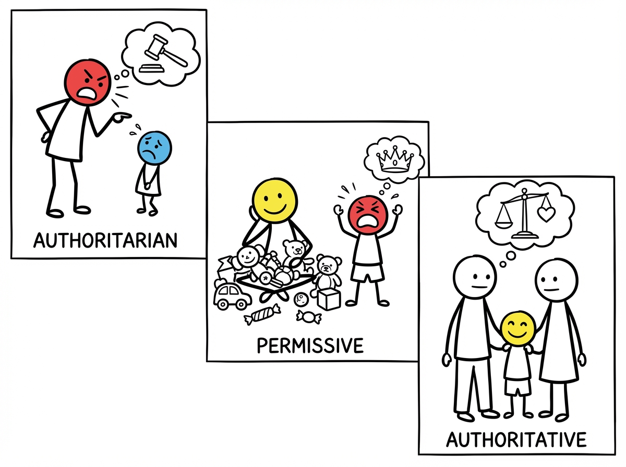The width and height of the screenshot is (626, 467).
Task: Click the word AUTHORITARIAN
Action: point(105,240)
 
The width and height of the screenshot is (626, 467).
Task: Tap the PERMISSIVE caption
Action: point(310,346)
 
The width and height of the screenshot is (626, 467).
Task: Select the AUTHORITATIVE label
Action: point(516,440)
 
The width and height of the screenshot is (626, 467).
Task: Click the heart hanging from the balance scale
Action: point(546,214)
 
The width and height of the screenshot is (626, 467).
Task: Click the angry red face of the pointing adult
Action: point(87,83)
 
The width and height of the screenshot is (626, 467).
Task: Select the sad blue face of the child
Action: point(154,148)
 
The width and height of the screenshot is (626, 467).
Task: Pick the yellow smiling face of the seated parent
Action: point(274,201)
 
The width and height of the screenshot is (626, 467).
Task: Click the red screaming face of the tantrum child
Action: point(368,215)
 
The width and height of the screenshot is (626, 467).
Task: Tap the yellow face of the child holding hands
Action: point(518,328)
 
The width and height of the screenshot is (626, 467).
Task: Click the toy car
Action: point(233,296)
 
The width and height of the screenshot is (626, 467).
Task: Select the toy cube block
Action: point(329,299)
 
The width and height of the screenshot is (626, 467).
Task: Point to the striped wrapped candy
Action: point(262,314)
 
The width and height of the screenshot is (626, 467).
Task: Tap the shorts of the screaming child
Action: point(368,272)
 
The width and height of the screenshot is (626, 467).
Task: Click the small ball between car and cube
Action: point(301,300)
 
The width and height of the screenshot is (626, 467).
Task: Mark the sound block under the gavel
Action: point(152,68)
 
